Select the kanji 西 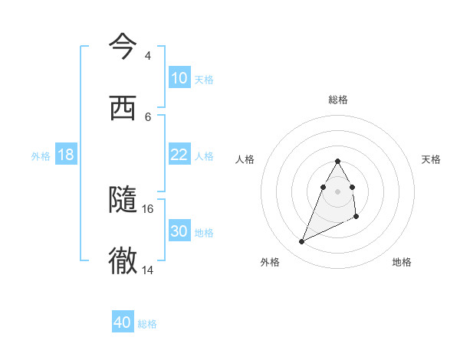[123, 108]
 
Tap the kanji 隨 [123, 200]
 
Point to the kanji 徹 [123, 261]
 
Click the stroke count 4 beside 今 [147, 56]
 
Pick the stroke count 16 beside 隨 [148, 208]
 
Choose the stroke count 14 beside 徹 [148, 270]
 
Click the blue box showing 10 [179, 78]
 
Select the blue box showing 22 [179, 155]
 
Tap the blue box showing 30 [179, 231]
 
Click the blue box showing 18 [66, 155]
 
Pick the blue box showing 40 [123, 323]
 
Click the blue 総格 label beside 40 [147, 324]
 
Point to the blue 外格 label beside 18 [41, 155]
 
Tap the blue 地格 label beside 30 [204, 232]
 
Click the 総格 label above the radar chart [338, 100]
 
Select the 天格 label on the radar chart [431, 159]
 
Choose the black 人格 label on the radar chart [245, 159]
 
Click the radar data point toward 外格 [302, 242]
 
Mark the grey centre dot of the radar [338, 191]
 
